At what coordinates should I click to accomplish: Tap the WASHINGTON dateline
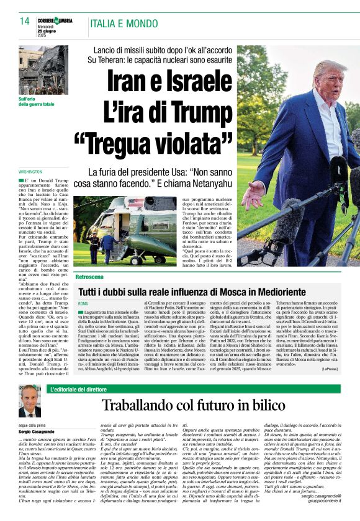[x=30, y=171]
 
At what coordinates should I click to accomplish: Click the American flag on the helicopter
[x=135, y=202]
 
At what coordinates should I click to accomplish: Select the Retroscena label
[x=90, y=276]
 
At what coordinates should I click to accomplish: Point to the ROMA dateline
[x=84, y=303]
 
